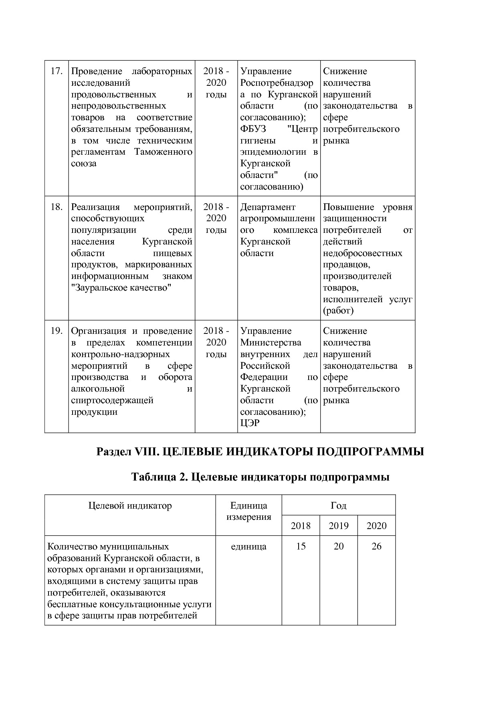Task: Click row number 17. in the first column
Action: tap(57, 71)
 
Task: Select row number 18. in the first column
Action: tap(57, 207)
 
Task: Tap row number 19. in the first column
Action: tap(57, 331)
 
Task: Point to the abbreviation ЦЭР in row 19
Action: tap(250, 423)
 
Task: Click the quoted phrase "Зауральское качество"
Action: tap(121, 288)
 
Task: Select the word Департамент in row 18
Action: tap(268, 207)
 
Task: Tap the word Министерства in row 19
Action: tap(271, 343)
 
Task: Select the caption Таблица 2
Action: tap(157, 477)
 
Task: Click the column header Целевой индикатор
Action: tap(130, 506)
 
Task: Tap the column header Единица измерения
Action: tap(248, 511)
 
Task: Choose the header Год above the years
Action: tap(338, 506)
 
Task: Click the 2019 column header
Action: tap(338, 526)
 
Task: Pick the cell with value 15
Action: tap(301, 547)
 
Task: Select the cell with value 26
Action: tap(376, 547)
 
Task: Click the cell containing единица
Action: tap(248, 547)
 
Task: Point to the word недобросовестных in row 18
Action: tap(362, 253)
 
